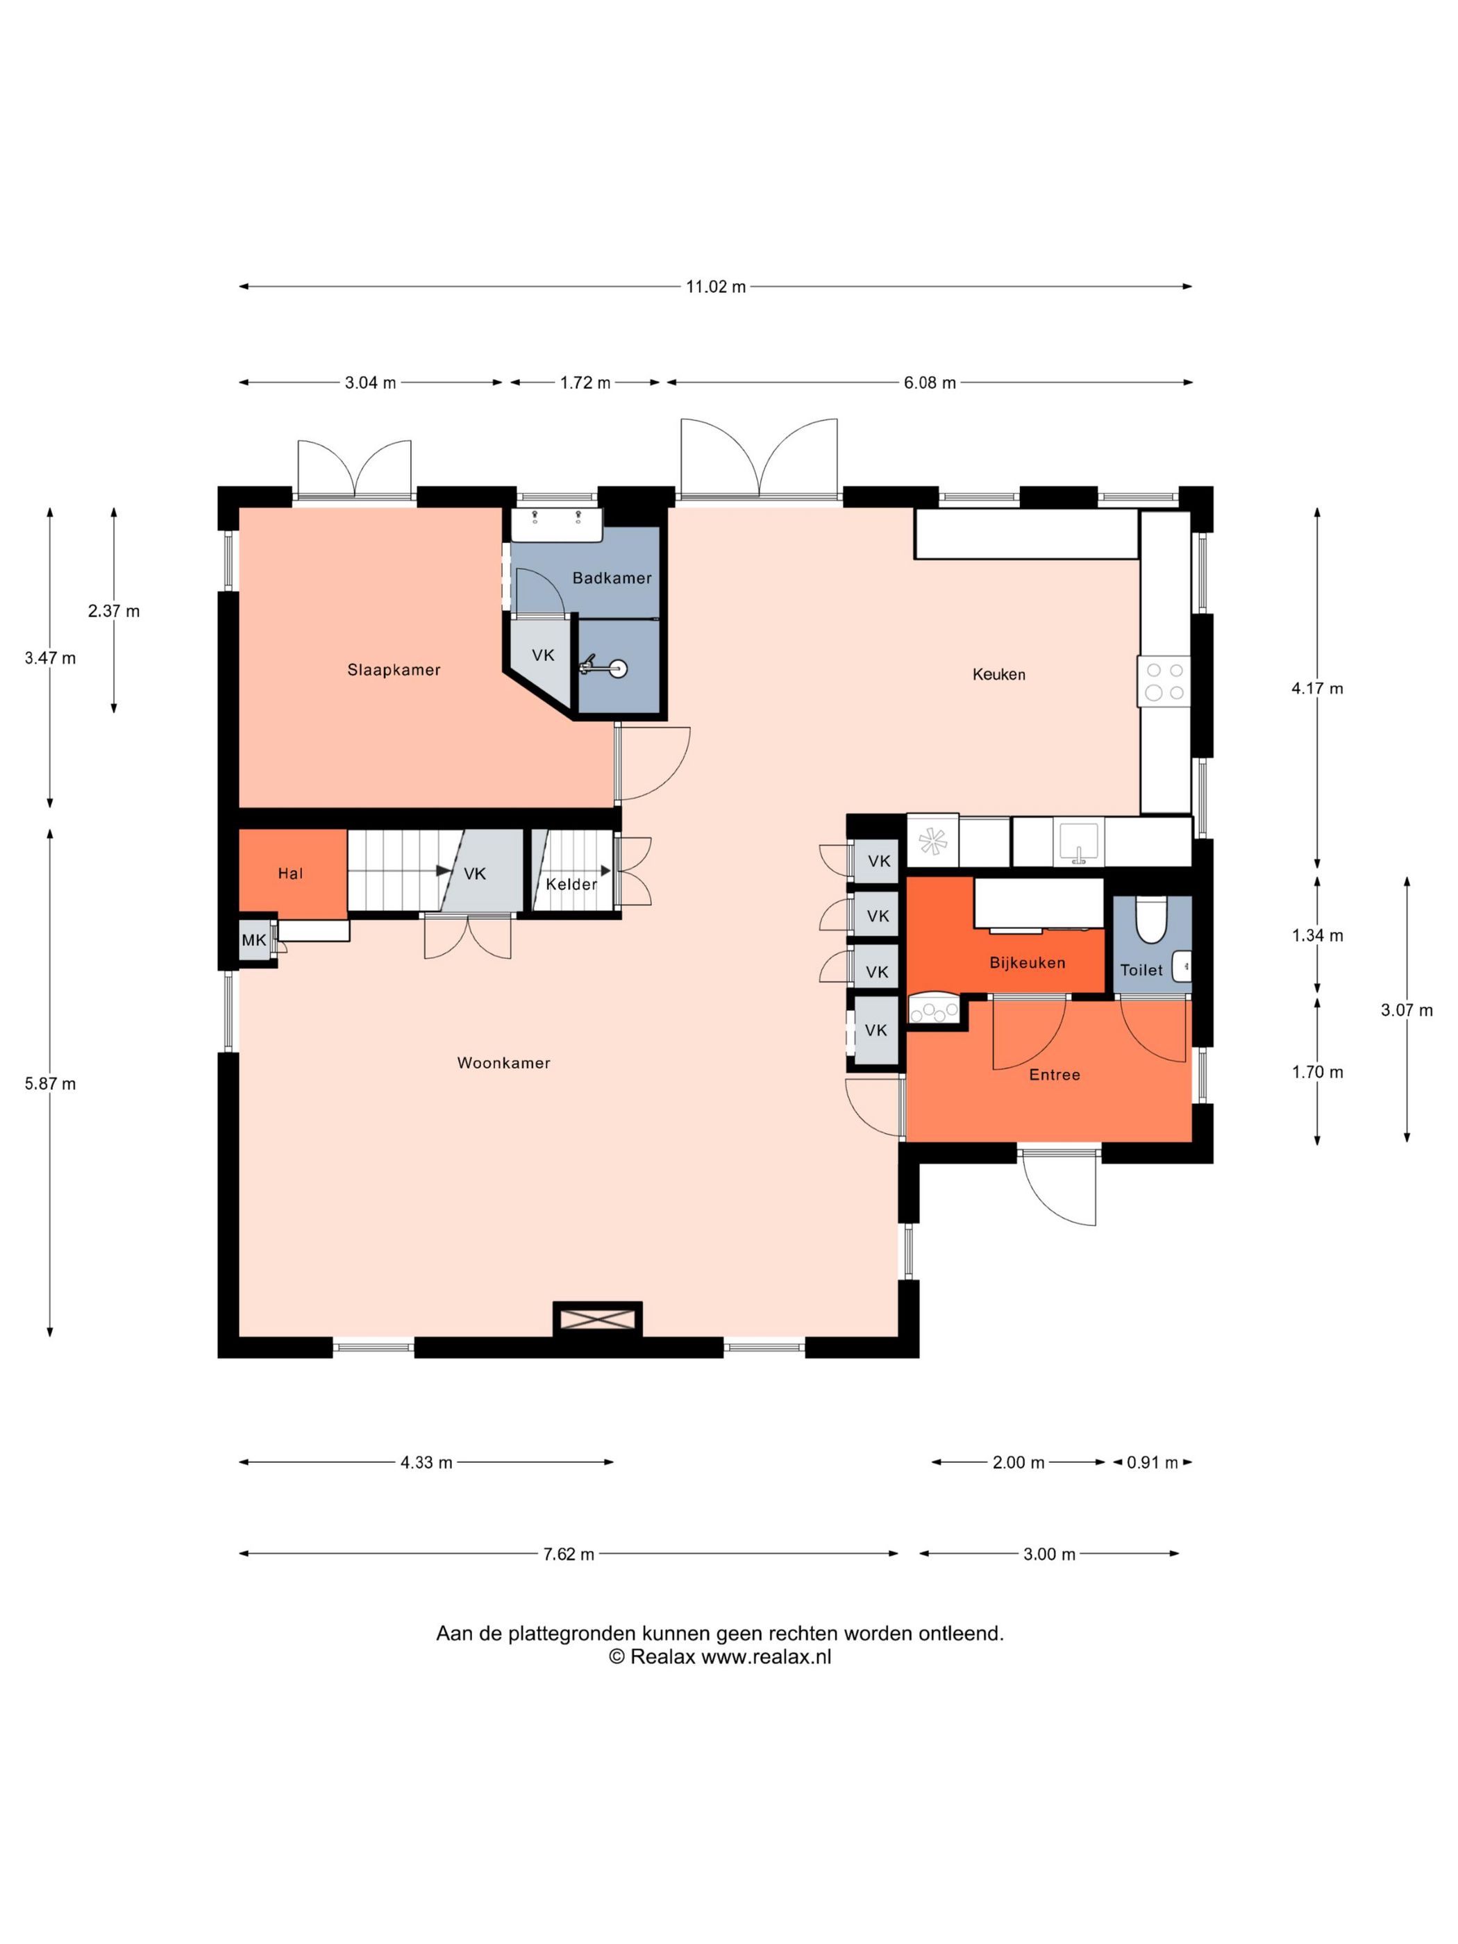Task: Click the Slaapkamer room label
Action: point(394,670)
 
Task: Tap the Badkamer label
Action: point(612,578)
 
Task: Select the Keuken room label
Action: point(998,674)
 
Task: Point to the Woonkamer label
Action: point(503,1062)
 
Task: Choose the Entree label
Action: point(1055,1074)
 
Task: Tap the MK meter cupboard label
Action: point(253,940)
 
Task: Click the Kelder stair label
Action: point(571,884)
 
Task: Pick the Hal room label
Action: point(290,873)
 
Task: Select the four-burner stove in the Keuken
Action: point(1164,681)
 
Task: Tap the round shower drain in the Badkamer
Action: point(619,669)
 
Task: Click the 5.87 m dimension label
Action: point(50,1084)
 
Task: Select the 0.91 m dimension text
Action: point(1152,1462)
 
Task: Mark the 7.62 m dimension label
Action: point(569,1554)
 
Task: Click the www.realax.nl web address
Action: point(766,1657)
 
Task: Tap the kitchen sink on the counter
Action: point(1078,843)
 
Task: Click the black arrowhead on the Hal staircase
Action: point(442,871)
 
